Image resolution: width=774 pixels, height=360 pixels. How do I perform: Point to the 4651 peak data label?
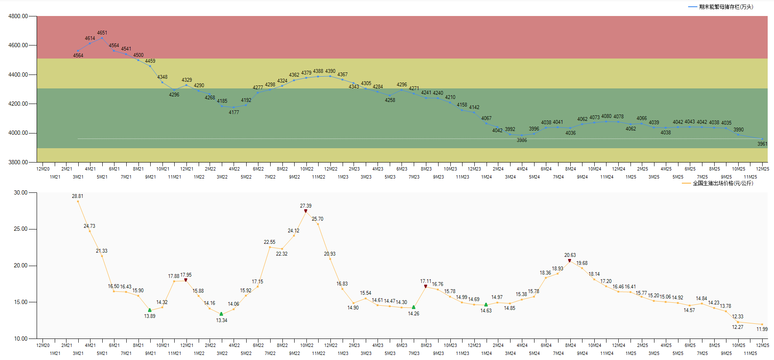click(x=102, y=33)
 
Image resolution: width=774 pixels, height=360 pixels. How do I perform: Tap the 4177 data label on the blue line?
click(x=234, y=112)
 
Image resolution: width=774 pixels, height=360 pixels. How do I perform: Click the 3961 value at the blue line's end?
click(x=762, y=144)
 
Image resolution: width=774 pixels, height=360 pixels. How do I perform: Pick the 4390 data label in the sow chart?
click(x=330, y=71)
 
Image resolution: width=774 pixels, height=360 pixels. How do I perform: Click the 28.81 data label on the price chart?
click(x=77, y=196)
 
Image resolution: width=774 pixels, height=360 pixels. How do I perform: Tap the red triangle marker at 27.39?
click(x=306, y=211)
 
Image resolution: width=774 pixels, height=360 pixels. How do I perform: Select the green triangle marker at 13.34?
click(x=221, y=314)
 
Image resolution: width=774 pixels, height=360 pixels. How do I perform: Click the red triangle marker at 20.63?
click(x=569, y=261)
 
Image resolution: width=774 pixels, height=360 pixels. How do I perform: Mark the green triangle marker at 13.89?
click(x=150, y=310)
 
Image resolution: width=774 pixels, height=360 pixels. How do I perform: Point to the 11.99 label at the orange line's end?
click(x=762, y=329)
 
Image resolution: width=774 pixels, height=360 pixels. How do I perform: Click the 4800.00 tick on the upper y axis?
click(x=18, y=16)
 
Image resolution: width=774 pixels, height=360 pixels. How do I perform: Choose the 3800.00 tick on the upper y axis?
click(x=18, y=162)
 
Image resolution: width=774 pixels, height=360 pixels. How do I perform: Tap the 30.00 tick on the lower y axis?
click(x=21, y=192)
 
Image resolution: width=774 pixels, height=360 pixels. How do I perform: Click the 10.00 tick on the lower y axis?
click(x=21, y=339)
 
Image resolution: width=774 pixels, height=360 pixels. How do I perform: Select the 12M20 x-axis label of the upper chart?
click(x=43, y=169)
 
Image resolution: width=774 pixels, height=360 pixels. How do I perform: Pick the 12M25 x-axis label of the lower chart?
click(x=762, y=345)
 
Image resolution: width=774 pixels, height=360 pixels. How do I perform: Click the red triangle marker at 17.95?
click(x=186, y=280)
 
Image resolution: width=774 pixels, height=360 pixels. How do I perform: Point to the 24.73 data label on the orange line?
click(x=89, y=226)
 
